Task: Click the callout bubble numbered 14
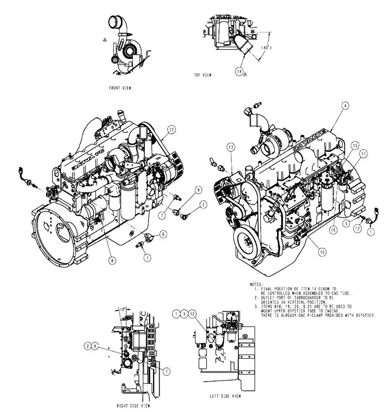click(x=239, y=71)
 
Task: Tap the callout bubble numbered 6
click(x=163, y=234)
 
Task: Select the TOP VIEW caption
click(x=204, y=75)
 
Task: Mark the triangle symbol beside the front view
click(x=105, y=40)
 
